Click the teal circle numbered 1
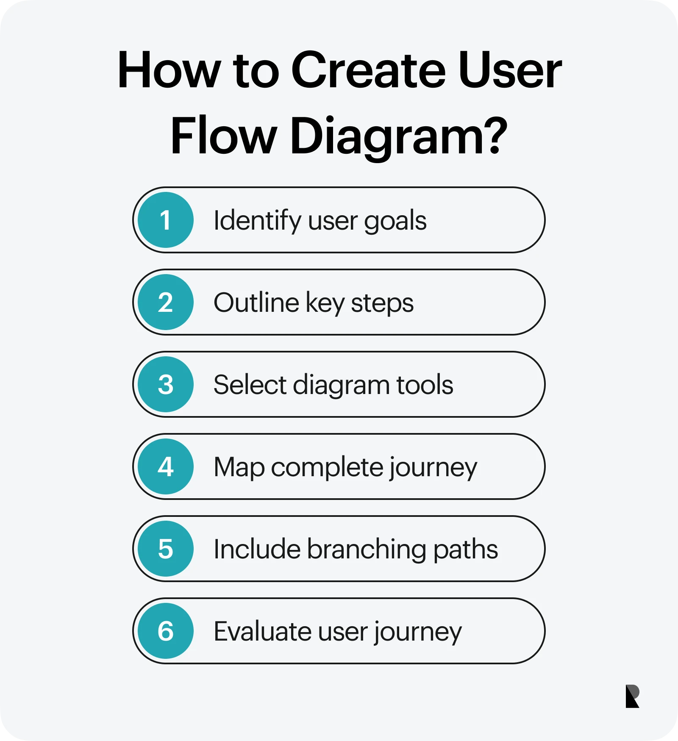[x=166, y=220]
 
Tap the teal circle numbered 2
[x=166, y=302]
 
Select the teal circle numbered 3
[x=166, y=384]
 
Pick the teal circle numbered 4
[x=166, y=466]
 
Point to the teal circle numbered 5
[x=166, y=549]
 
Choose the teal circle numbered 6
[x=166, y=631]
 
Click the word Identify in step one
[x=258, y=221]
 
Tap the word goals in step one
[x=395, y=222]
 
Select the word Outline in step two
[x=256, y=303]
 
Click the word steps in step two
[x=382, y=304]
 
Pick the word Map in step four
[x=239, y=468]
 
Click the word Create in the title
[x=369, y=70]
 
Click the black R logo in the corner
[x=632, y=696]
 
